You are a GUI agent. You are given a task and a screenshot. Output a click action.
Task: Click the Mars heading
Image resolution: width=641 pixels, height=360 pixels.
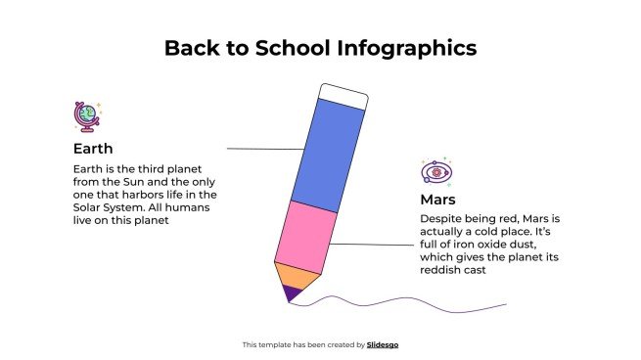click(437, 199)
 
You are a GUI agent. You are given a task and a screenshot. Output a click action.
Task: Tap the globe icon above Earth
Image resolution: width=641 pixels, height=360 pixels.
click(86, 116)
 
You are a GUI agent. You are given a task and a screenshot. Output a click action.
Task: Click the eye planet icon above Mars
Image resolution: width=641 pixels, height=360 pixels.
click(436, 172)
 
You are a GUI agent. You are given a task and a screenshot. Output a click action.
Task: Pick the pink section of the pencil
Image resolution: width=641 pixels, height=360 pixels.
click(304, 236)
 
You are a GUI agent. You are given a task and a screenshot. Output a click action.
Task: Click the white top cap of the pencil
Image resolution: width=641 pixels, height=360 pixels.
click(343, 96)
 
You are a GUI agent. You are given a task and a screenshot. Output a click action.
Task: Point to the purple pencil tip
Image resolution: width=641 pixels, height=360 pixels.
click(290, 292)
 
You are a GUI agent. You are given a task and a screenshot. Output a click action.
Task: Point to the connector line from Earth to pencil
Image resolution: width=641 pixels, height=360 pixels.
click(264, 149)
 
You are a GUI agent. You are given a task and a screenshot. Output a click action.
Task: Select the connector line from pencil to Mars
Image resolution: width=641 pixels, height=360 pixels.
click(372, 245)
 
